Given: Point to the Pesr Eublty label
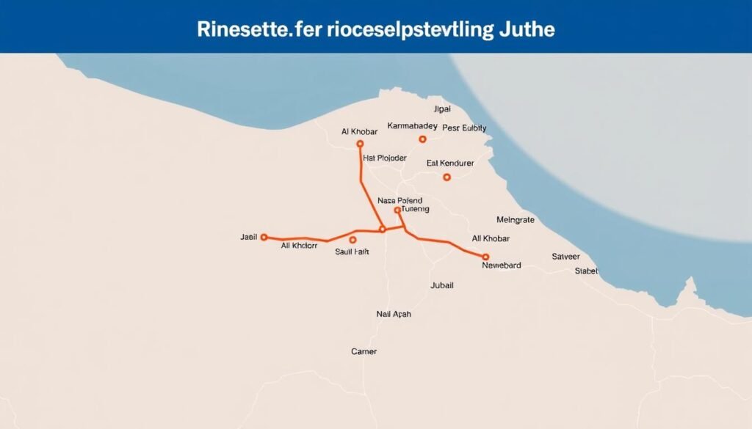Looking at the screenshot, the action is [x=464, y=128].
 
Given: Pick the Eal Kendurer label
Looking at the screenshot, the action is [x=450, y=163].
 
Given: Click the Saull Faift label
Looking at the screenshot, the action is [x=351, y=252].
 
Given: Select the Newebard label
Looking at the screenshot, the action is [x=501, y=265].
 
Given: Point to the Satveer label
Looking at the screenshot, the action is [x=565, y=257].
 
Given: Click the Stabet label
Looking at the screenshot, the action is [x=586, y=271].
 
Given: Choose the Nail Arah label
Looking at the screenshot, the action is [x=394, y=314].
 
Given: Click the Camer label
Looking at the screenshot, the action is [x=364, y=352].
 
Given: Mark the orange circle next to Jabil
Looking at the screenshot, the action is [x=264, y=238].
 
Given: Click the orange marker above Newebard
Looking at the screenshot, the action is [x=485, y=257].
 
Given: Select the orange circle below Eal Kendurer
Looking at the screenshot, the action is [x=446, y=177].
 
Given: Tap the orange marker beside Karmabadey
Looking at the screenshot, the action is [x=422, y=139].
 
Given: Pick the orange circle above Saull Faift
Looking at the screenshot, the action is [x=352, y=240].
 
